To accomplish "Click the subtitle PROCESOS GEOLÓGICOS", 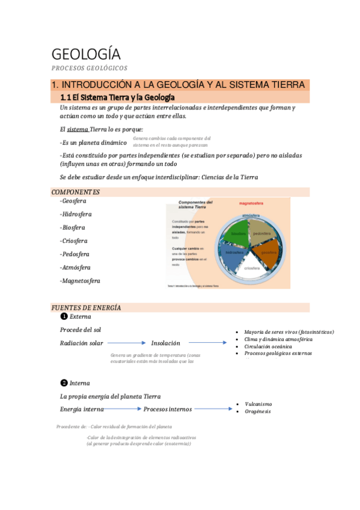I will coord(90,68).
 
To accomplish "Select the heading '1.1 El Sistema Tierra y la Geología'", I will coord(117,97).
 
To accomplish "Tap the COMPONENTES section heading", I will coord(76,192).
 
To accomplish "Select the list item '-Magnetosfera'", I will coord(80,281).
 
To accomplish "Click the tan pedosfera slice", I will coord(263,232).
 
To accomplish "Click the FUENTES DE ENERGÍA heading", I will coord(87,308).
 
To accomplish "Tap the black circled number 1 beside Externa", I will coord(64,316).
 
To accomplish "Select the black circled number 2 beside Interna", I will coord(64,382).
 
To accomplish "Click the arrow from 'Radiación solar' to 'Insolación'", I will coord(127,343).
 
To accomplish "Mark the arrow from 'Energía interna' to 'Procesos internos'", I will coord(123,409).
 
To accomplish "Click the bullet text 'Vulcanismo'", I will coord(258,404).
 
